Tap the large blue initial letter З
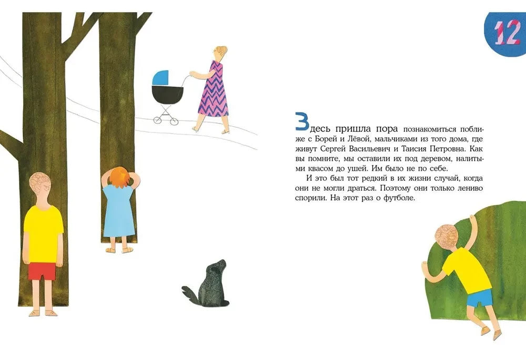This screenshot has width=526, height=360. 302,121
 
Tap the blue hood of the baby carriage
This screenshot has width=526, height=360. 160,78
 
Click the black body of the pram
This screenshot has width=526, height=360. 167,95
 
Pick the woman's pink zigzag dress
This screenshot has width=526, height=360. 214,90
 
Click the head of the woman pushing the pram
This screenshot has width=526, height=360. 220,54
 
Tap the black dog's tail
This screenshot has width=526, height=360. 190,294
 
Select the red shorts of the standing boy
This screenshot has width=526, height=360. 42,271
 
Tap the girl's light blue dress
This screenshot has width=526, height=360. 119,211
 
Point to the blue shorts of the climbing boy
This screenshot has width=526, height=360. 480,297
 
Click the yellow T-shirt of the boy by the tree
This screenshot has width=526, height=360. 43,234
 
